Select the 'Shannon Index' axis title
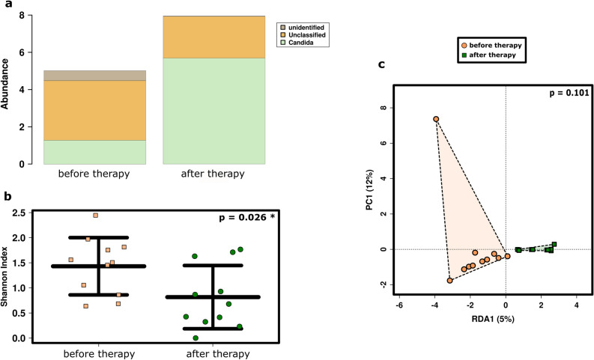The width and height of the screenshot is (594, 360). (7, 277)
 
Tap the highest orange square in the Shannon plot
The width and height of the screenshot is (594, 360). (96, 216)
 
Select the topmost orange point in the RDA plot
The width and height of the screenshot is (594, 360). (435, 119)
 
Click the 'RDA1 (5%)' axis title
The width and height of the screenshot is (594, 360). (487, 320)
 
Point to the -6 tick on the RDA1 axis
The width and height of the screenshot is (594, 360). (399, 306)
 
